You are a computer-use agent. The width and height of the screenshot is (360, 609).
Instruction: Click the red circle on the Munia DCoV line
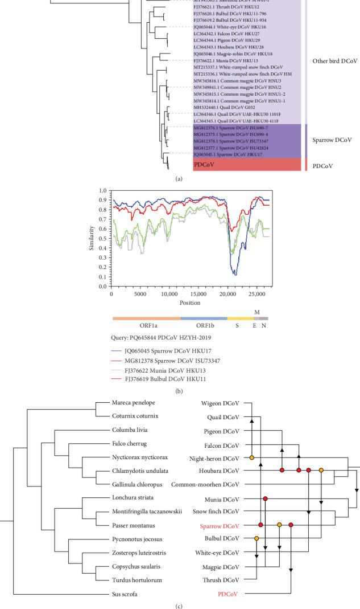[x=265, y=498]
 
